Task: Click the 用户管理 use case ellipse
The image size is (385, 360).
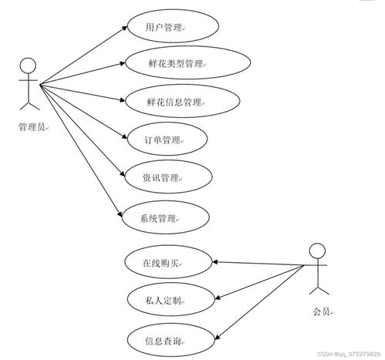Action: pyautogui.click(x=173, y=26)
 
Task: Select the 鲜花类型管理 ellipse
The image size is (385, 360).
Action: pyautogui.click(x=187, y=62)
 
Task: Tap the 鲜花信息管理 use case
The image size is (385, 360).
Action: pyautogui.click(x=183, y=101)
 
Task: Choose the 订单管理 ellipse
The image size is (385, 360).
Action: pyautogui.click(x=167, y=139)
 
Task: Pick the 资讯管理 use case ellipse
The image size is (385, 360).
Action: pyautogui.click(x=168, y=177)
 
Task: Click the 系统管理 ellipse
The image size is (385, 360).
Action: pyautogui.click(x=165, y=217)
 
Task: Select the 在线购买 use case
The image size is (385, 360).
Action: pyautogui.click(x=168, y=262)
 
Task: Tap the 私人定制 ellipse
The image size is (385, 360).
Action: pyautogui.click(x=171, y=299)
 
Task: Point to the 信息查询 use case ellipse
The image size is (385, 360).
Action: pyautogui.click(x=171, y=340)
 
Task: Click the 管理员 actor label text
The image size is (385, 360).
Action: pyautogui.click(x=32, y=126)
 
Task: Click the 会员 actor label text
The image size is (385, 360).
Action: pyautogui.click(x=321, y=311)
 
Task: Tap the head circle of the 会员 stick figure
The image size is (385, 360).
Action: pyautogui.click(x=317, y=251)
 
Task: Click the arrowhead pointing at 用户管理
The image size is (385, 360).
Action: pyautogui.click(x=124, y=28)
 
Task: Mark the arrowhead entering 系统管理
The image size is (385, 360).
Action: pyautogui.click(x=120, y=214)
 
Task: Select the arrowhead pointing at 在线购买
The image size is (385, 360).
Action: pyautogui.click(x=215, y=262)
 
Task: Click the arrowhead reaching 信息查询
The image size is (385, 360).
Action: pyautogui.click(x=217, y=337)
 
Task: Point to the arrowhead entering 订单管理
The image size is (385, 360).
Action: pyautogui.click(x=125, y=136)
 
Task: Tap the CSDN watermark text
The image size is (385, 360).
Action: pyautogui.click(x=349, y=354)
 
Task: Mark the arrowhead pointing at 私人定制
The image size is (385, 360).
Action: pyautogui.click(x=218, y=298)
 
